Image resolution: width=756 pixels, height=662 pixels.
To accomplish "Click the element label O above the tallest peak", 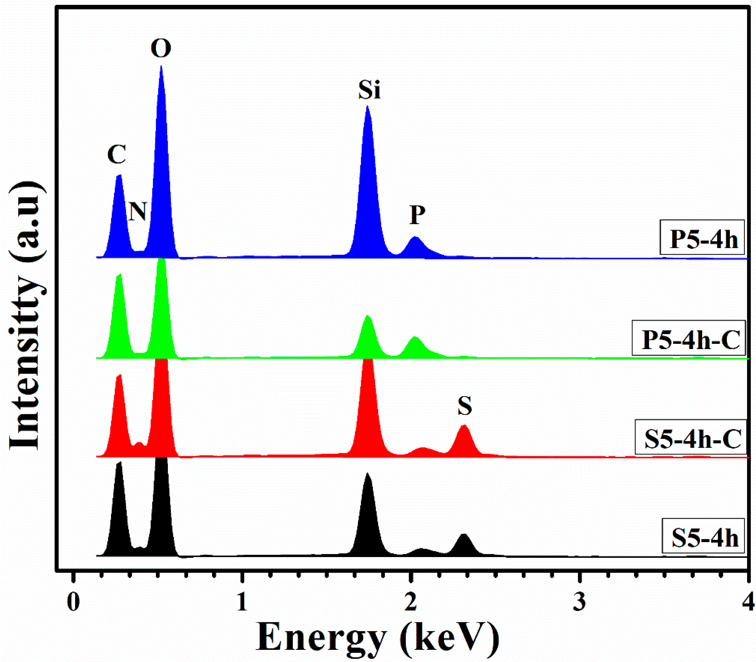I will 161,49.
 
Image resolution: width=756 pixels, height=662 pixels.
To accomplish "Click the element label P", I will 417,215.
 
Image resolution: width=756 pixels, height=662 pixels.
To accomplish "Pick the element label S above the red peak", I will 465,406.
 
